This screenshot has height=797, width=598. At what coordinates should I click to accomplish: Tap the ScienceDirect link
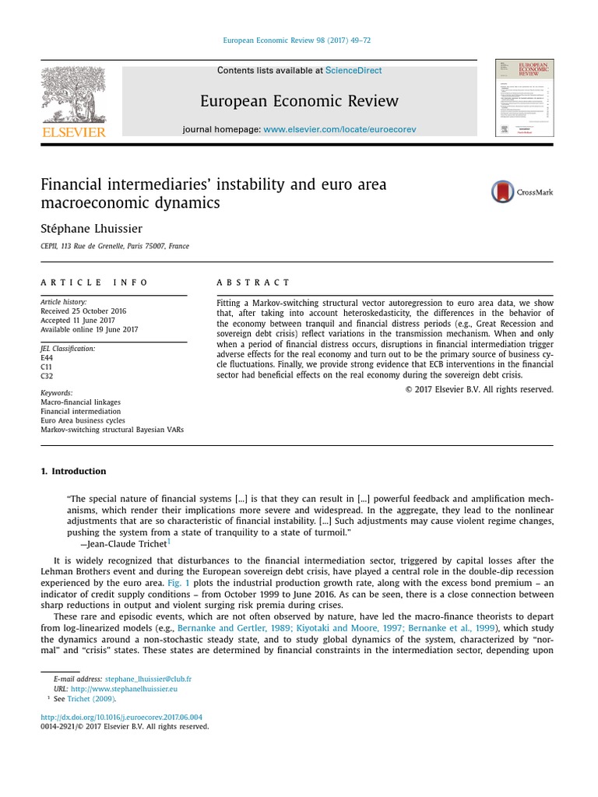pyautogui.click(x=354, y=71)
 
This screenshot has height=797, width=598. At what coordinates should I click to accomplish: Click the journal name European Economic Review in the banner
pyautogui.click(x=299, y=101)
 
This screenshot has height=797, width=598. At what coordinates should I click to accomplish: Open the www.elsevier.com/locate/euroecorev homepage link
pyautogui.click(x=329, y=129)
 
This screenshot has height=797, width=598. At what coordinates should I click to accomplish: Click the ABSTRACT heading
pyautogui.click(x=253, y=283)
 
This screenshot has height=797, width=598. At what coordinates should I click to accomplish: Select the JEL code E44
pyautogui.click(x=47, y=357)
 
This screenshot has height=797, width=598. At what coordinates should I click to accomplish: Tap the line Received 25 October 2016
pyautogui.click(x=83, y=311)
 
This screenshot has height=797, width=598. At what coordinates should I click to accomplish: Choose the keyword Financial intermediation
pyautogui.click(x=80, y=411)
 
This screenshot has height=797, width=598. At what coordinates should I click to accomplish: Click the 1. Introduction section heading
pyautogui.click(x=73, y=472)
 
